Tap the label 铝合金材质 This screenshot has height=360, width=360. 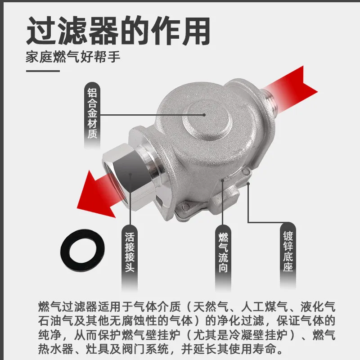click(x=92, y=113)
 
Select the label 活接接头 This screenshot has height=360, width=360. click(x=130, y=252)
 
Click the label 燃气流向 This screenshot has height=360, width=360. click(x=223, y=252)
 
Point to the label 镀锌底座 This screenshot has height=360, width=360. click(x=288, y=251)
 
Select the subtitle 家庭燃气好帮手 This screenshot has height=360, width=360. click(x=73, y=57)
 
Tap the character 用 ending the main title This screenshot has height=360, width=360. click(x=196, y=31)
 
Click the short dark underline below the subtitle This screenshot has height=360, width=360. click(x=43, y=71)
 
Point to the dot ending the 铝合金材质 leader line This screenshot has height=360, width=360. click(x=204, y=115)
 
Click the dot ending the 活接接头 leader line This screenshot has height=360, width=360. click(x=130, y=174)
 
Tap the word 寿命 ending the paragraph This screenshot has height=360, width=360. click(x=265, y=349)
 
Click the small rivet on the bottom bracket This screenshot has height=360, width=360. click(x=184, y=207)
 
